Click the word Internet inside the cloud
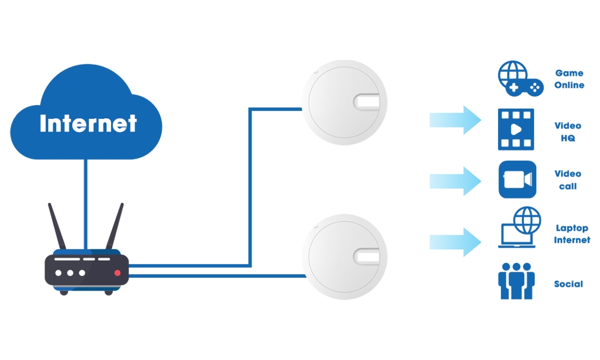[x=88, y=123]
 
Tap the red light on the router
[x=118, y=273]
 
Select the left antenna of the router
[x=57, y=226]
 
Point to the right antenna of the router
[x=115, y=226]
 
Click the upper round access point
[x=344, y=103]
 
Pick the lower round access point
[x=344, y=257]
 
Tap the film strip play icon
[x=516, y=130]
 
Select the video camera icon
[x=517, y=179]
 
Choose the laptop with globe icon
[x=519, y=227]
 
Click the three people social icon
[x=516, y=281]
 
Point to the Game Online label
[x=569, y=79]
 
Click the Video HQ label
[x=568, y=131]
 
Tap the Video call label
[x=568, y=180]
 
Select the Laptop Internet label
[x=572, y=234]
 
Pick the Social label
[x=569, y=284]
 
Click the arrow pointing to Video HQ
[x=455, y=120]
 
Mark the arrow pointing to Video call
[x=455, y=181]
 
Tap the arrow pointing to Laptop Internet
[x=455, y=242]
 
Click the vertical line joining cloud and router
[x=86, y=204]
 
